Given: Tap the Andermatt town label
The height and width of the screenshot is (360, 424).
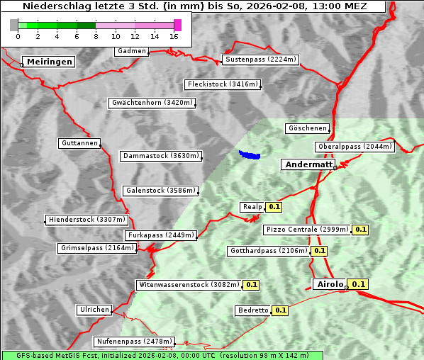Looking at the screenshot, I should pos(308,164).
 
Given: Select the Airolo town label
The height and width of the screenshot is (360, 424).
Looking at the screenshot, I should pos(330,284).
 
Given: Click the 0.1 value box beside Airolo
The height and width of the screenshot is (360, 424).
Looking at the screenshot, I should pos(358,284).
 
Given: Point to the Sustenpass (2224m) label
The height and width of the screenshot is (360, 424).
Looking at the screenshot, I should pos(260,60).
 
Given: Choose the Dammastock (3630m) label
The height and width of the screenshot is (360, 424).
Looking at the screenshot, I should pos(161,156).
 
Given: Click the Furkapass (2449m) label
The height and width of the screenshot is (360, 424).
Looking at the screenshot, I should pos(160,235).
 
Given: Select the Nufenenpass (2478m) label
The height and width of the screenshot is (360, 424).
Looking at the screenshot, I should pos(133,341).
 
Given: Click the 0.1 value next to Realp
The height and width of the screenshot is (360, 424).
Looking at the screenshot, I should pos(274,207).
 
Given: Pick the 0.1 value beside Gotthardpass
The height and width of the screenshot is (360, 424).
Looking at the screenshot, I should pos(319,251).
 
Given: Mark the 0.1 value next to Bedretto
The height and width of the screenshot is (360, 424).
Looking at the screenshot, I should pos(280,310).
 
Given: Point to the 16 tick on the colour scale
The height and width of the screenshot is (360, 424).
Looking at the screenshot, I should pos(174,36).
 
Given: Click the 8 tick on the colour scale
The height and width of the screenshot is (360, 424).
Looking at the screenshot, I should pos(95,36).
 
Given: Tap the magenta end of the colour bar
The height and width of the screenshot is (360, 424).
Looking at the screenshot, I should pos(177,25).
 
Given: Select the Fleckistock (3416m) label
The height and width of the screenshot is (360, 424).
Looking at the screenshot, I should pos(223,84).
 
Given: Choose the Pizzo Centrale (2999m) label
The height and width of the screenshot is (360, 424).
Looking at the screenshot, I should pos(308,230).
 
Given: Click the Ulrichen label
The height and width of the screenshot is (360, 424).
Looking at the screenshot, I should pos(94,310).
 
